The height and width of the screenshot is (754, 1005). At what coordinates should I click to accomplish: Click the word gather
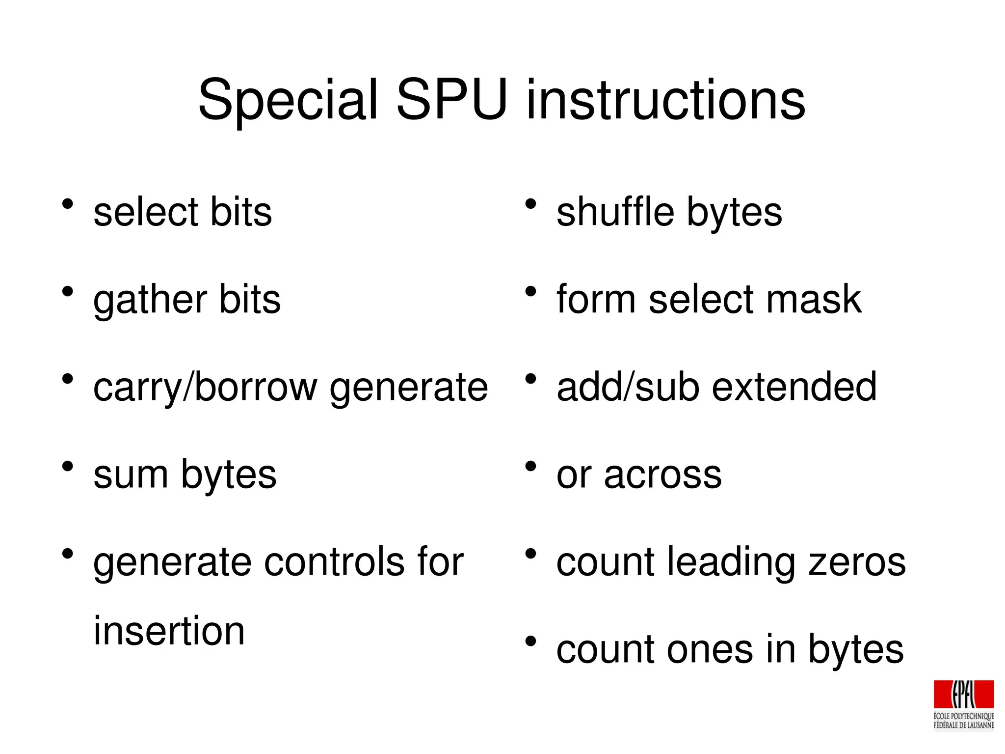(149, 300)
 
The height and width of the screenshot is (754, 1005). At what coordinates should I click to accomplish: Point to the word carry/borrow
(205, 388)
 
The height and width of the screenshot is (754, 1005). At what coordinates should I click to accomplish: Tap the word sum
(131, 475)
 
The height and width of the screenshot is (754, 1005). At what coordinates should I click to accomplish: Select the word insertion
(169, 631)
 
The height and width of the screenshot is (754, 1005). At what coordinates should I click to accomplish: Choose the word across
(662, 475)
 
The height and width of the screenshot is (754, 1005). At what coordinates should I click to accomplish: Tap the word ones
(710, 650)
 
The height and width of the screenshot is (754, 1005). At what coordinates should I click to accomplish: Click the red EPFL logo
(963, 695)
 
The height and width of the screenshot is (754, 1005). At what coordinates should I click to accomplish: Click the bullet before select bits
(68, 204)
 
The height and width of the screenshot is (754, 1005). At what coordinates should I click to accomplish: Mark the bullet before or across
(530, 466)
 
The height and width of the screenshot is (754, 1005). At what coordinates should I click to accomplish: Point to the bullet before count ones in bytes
(530, 641)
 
